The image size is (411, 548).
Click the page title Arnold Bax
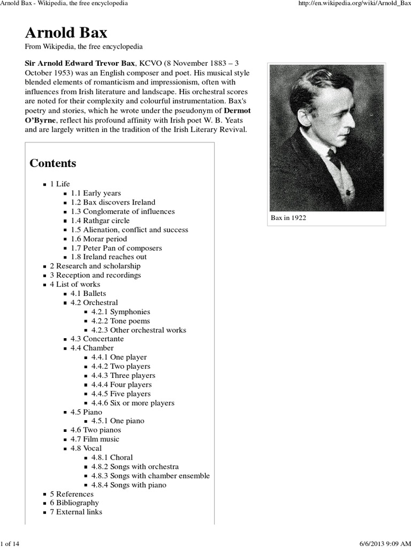click(66, 33)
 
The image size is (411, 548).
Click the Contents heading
click(53, 163)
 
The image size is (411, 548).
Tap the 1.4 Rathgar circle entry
click(100, 220)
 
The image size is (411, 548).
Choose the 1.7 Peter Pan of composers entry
click(116, 248)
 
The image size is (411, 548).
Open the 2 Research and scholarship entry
click(95, 266)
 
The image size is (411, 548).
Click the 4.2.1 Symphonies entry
click(120, 311)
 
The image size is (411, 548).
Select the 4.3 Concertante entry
click(97, 339)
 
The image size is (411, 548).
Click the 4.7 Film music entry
click(95, 439)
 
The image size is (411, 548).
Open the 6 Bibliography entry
click(74, 503)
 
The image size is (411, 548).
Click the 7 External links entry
click(76, 512)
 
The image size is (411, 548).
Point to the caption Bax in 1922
click(288, 218)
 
